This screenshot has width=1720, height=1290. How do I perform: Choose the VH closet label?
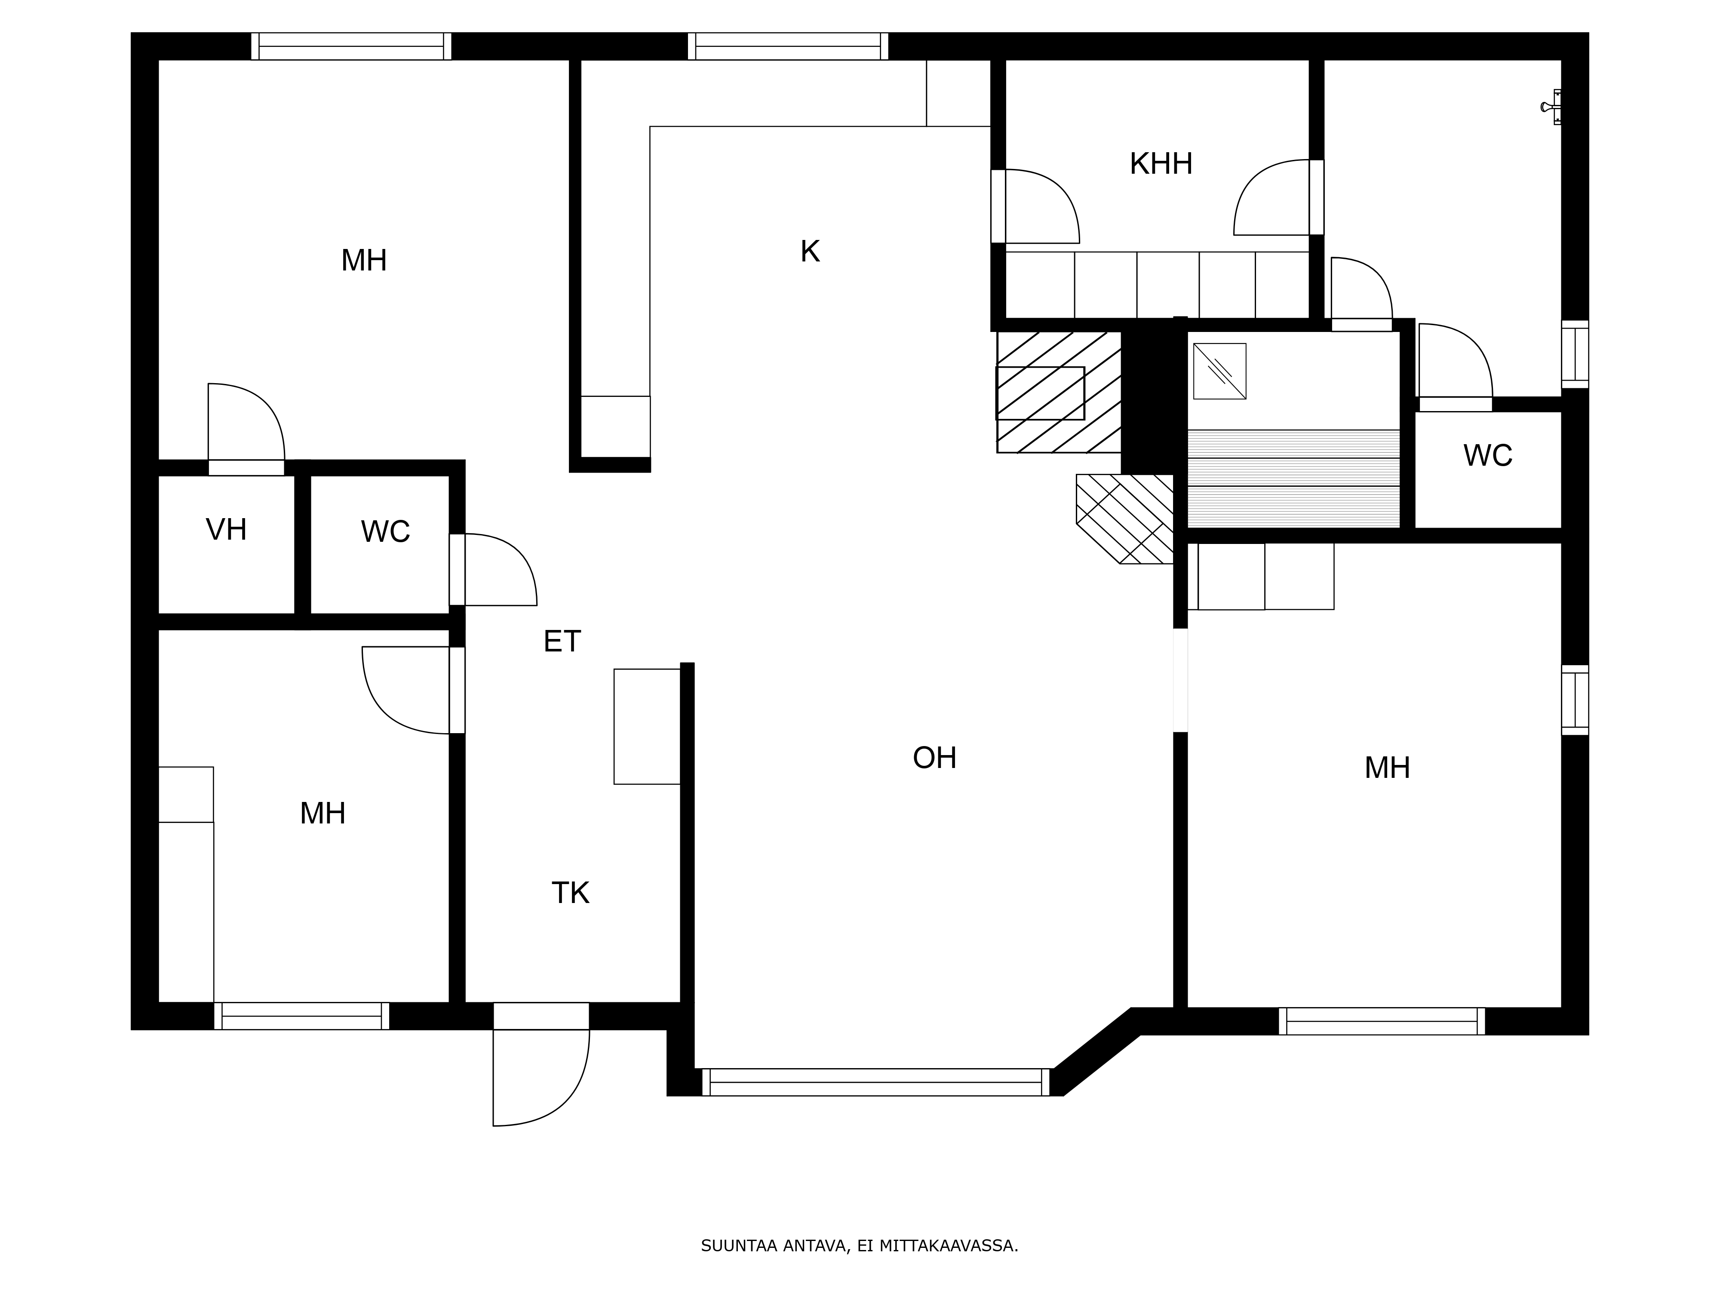[x=226, y=529]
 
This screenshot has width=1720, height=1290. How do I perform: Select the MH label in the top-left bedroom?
[x=364, y=261]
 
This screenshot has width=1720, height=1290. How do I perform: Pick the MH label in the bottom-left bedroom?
[x=322, y=814]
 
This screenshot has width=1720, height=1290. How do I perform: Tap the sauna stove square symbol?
[x=1219, y=371]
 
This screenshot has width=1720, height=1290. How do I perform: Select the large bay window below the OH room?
[x=875, y=1082]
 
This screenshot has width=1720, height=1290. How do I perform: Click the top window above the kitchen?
[x=788, y=46]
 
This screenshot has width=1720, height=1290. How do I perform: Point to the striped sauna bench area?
[x=1293, y=479]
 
